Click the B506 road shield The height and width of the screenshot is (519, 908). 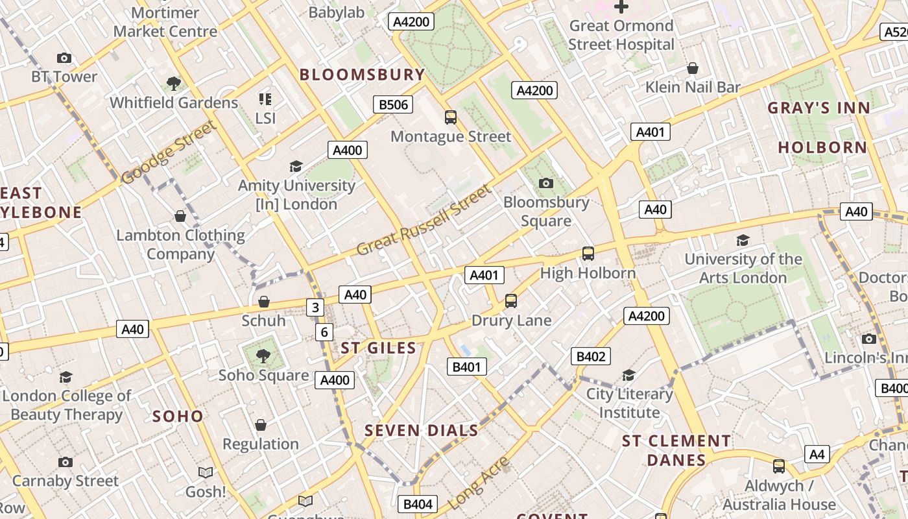click(393, 104)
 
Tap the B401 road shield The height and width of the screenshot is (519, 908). click(466, 367)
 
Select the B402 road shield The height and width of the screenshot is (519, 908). click(591, 356)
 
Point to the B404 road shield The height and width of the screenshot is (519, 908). click(418, 504)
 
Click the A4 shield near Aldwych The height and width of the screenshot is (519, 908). click(817, 454)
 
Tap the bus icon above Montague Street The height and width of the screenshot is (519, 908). click(451, 117)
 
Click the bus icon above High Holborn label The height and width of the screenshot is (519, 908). click(588, 254)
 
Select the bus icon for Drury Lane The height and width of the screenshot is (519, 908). click(511, 301)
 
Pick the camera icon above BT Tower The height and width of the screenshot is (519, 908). click(64, 58)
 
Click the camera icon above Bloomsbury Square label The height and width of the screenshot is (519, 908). click(546, 184)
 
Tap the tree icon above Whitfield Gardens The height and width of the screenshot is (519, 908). click(173, 84)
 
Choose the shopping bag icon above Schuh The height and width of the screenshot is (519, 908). click(263, 302)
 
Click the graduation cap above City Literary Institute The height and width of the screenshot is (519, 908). click(628, 375)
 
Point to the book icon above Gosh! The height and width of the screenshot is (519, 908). click(206, 473)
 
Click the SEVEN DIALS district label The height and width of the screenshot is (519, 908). click(421, 430)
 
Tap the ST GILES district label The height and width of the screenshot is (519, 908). click(379, 348)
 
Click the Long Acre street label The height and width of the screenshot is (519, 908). click(479, 482)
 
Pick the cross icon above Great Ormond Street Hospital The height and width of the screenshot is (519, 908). click(621, 7)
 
